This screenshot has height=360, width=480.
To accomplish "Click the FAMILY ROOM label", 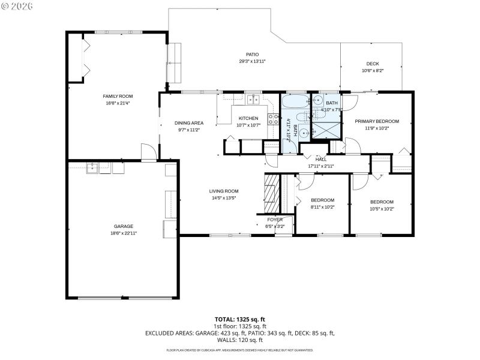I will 118,96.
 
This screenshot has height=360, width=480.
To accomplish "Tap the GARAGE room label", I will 124,226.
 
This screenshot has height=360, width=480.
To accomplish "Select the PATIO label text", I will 252,54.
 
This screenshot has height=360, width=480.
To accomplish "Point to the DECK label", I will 373,64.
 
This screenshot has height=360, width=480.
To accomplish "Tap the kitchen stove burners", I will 272,119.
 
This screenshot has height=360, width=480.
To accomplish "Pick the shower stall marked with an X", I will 326,130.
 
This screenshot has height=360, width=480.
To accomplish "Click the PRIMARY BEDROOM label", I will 377,121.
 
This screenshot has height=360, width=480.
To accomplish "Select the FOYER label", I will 275,220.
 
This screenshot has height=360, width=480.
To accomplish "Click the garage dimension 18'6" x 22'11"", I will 124,233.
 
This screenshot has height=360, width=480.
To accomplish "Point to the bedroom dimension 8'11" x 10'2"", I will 323,207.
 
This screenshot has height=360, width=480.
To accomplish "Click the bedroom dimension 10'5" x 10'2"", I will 382,209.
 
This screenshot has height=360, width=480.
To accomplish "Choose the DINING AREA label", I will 189,122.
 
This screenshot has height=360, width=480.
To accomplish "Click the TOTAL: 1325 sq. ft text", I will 240,319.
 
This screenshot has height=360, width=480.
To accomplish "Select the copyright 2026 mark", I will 17,5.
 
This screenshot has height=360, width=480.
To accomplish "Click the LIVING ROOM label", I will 224,191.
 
